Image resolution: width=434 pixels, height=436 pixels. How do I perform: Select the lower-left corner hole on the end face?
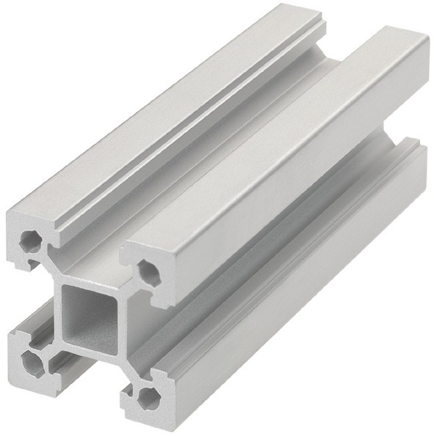[x=31, y=360]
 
